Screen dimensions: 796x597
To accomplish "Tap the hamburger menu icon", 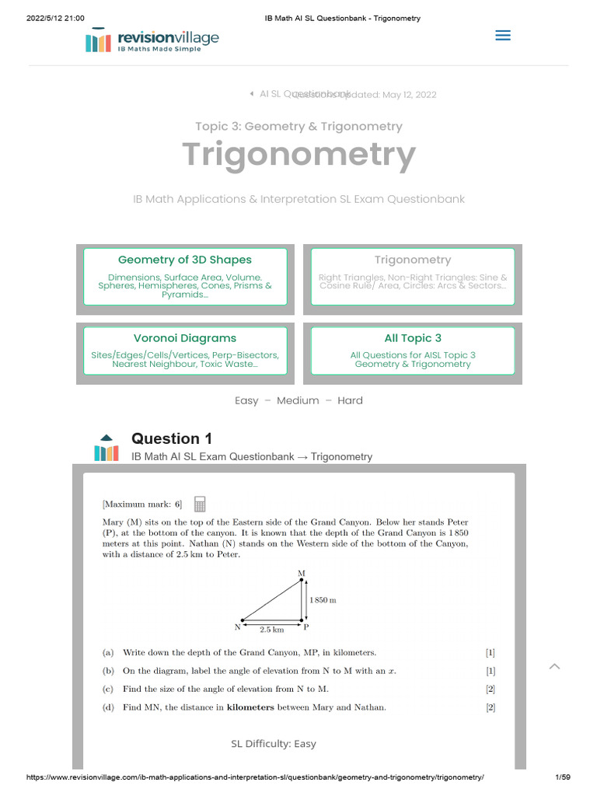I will tap(503, 35).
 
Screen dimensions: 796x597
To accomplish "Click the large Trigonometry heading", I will tap(298, 155).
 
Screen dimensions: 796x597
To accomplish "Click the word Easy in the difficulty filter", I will tap(246, 400).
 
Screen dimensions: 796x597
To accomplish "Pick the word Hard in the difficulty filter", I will tap(350, 400).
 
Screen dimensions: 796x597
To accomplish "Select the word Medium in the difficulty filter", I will tap(298, 400).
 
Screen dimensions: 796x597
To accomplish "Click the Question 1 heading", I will tap(172, 438).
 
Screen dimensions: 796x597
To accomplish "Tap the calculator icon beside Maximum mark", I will tap(199, 504).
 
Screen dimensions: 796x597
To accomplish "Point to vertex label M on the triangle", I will tap(302, 574).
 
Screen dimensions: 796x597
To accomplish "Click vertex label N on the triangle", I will tap(236, 627).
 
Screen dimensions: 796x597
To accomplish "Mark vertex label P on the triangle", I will tap(305, 627).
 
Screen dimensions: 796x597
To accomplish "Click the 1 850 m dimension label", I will tap(323, 600).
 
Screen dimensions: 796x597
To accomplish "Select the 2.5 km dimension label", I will tap(271, 629).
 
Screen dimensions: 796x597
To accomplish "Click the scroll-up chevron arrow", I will tap(554, 666).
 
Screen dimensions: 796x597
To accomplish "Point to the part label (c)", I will tap(107, 689).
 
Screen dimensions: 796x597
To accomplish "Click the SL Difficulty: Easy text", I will tap(274, 744).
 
